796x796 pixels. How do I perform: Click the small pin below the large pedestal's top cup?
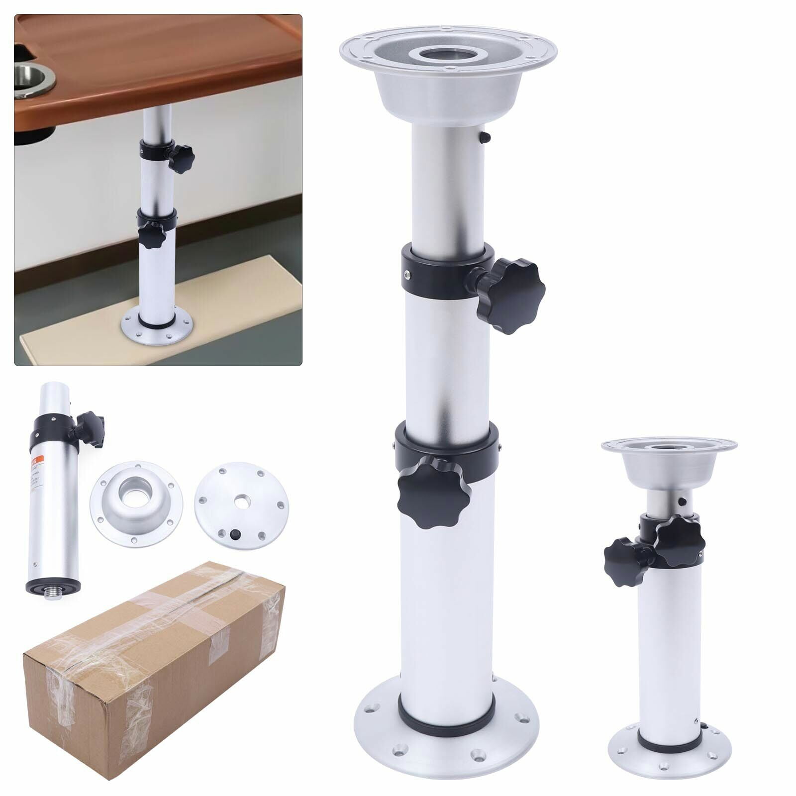tap(487, 136)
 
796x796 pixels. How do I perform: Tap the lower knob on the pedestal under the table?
tap(152, 235)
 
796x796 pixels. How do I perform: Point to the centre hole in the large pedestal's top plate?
tap(448, 55)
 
